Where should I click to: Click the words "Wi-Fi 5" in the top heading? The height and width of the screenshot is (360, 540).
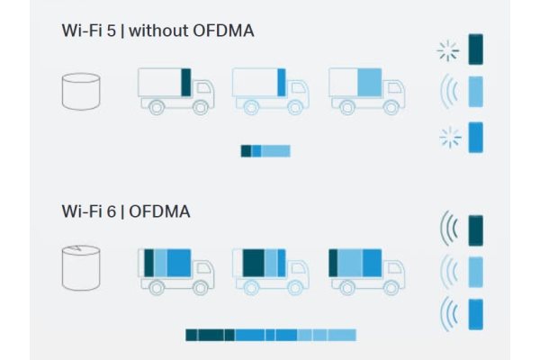88,31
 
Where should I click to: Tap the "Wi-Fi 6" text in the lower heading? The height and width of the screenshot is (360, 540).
88,211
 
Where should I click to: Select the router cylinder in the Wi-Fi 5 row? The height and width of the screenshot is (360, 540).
81,91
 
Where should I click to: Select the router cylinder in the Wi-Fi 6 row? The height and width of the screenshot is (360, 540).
81,267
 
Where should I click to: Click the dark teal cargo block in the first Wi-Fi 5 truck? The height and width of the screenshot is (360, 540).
186,82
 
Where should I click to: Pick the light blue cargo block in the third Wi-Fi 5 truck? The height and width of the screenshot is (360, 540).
370,82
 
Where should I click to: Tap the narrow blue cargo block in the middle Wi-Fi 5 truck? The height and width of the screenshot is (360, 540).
282,82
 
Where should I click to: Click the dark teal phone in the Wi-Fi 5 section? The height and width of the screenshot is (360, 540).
475,49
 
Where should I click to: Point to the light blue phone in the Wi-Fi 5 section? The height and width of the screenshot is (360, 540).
475,92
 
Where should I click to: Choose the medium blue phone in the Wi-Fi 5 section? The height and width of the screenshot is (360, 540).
475,137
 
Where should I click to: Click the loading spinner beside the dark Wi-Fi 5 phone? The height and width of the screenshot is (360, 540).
448,51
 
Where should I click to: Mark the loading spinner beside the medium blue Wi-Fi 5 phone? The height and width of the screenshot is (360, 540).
451,138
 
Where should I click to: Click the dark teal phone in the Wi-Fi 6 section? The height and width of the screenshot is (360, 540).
475,230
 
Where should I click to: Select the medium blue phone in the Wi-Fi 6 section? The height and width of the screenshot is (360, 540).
475,314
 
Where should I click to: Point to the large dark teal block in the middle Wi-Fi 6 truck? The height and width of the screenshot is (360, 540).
254,263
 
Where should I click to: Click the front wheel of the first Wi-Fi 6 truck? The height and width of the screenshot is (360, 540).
200,287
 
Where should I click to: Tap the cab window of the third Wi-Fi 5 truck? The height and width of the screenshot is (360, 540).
395,88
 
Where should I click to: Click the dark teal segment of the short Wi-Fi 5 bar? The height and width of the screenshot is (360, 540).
246,151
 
